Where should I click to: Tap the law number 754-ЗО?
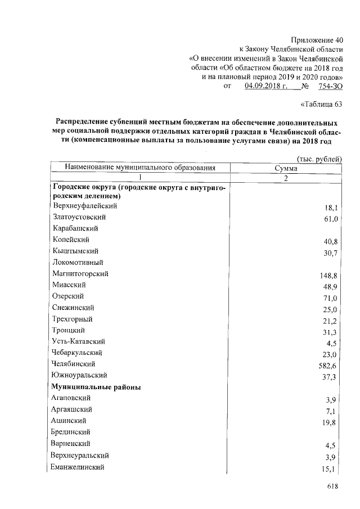[330, 86]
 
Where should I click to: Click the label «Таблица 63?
[322, 104]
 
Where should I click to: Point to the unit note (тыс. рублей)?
[319, 159]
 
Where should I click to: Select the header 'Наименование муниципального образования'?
[140, 168]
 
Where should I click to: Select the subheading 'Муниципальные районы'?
[96, 387]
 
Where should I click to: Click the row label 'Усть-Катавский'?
[78, 341]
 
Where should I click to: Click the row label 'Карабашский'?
[75, 228]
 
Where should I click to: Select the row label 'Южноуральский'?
[79, 375]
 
